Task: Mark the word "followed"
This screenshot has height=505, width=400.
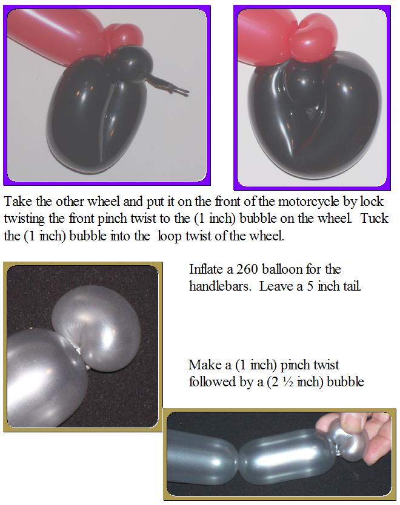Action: pos(212,382)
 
